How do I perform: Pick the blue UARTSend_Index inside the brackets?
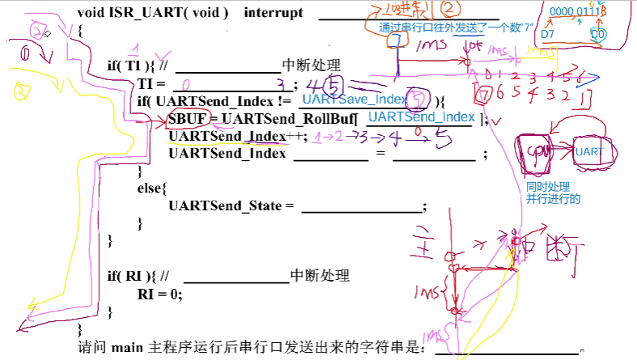tap(420, 117)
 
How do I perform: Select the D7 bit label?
tap(548, 35)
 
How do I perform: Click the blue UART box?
tap(588, 151)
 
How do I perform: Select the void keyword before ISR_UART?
tap(92, 14)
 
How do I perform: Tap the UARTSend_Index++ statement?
tap(238, 136)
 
